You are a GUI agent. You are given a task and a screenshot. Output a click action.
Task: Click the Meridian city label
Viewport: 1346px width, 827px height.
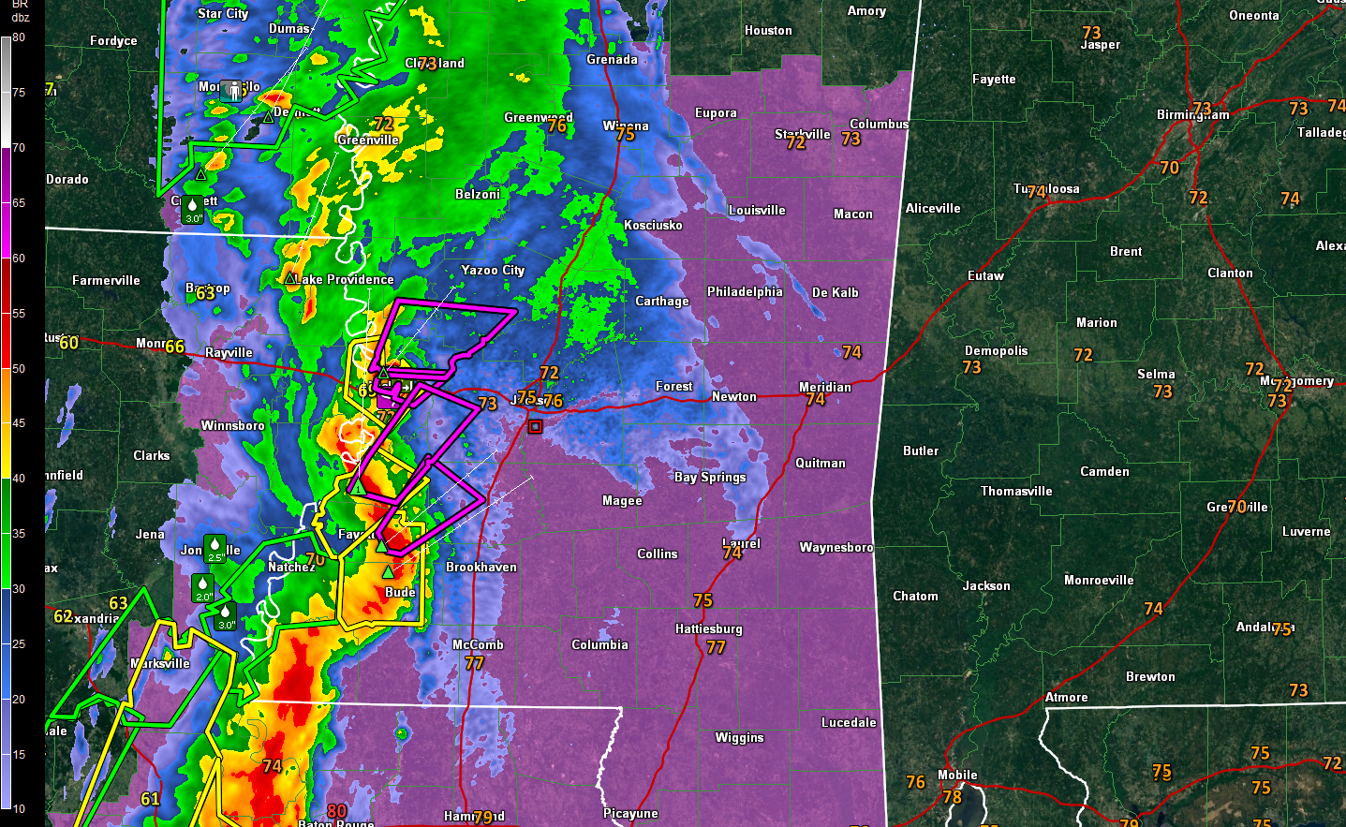tap(824, 387)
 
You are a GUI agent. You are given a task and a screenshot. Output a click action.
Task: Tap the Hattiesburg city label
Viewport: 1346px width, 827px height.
tap(708, 628)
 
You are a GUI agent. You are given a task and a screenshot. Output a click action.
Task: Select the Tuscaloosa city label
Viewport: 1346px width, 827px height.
tap(1046, 189)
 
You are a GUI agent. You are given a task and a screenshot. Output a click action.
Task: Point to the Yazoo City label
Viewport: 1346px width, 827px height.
tap(493, 270)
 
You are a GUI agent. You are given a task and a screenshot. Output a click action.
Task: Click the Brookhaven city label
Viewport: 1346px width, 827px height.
tap(481, 567)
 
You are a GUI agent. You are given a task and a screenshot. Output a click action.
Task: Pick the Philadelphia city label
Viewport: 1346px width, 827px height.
tap(745, 291)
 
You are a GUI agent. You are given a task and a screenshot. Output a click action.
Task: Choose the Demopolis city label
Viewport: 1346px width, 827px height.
tap(996, 350)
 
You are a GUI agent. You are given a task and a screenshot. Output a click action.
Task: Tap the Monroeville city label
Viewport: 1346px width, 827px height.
tap(1099, 580)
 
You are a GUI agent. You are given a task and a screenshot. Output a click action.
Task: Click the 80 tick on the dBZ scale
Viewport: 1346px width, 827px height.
tap(19, 37)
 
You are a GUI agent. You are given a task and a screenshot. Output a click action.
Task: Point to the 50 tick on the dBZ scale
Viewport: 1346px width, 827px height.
tap(19, 369)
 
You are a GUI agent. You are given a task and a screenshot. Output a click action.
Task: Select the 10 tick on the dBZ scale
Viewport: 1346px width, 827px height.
tap(19, 809)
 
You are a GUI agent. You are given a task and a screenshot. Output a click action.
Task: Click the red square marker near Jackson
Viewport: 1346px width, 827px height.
tap(535, 426)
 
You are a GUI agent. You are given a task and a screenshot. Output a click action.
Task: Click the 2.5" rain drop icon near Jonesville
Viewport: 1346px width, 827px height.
tap(215, 548)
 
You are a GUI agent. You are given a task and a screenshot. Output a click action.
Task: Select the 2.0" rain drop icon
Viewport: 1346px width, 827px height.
tap(202, 588)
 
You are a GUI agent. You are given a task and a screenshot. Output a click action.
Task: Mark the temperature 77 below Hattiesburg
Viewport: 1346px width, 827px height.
tap(716, 647)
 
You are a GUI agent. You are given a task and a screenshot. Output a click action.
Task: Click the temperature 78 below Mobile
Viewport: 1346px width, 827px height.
tap(952, 797)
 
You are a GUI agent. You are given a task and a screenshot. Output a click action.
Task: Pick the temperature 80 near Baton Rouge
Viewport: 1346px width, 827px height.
tap(337, 811)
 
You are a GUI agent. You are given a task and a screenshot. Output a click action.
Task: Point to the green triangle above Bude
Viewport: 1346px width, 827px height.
tap(388, 571)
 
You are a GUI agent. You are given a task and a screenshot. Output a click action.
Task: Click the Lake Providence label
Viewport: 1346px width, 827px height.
tap(345, 279)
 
